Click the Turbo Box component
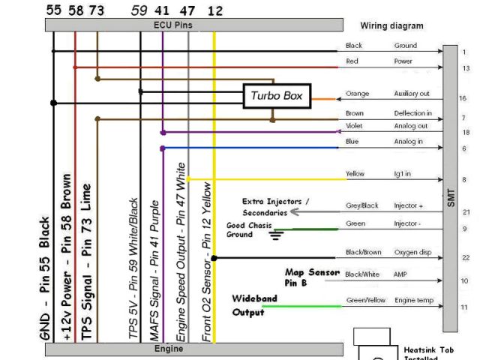click(276, 95)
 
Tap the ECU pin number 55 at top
click(53, 10)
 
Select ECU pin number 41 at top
click(162, 10)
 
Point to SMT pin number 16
click(463, 98)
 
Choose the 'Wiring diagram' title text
click(391, 25)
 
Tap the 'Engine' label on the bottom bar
click(168, 349)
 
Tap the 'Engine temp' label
click(414, 300)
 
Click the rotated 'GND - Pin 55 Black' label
click(45, 277)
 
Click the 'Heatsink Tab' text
click(428, 349)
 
